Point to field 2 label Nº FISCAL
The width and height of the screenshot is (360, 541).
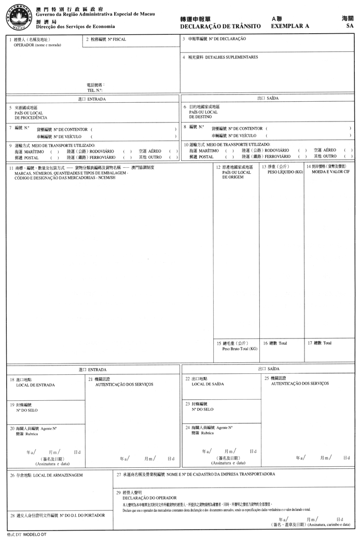click(x=116, y=39)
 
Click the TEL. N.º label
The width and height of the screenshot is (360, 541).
click(x=95, y=90)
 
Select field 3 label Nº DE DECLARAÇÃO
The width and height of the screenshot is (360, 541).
click(x=224, y=39)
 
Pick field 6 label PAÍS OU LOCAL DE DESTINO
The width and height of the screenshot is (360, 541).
click(x=203, y=114)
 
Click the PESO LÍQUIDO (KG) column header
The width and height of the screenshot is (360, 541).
click(x=285, y=172)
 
